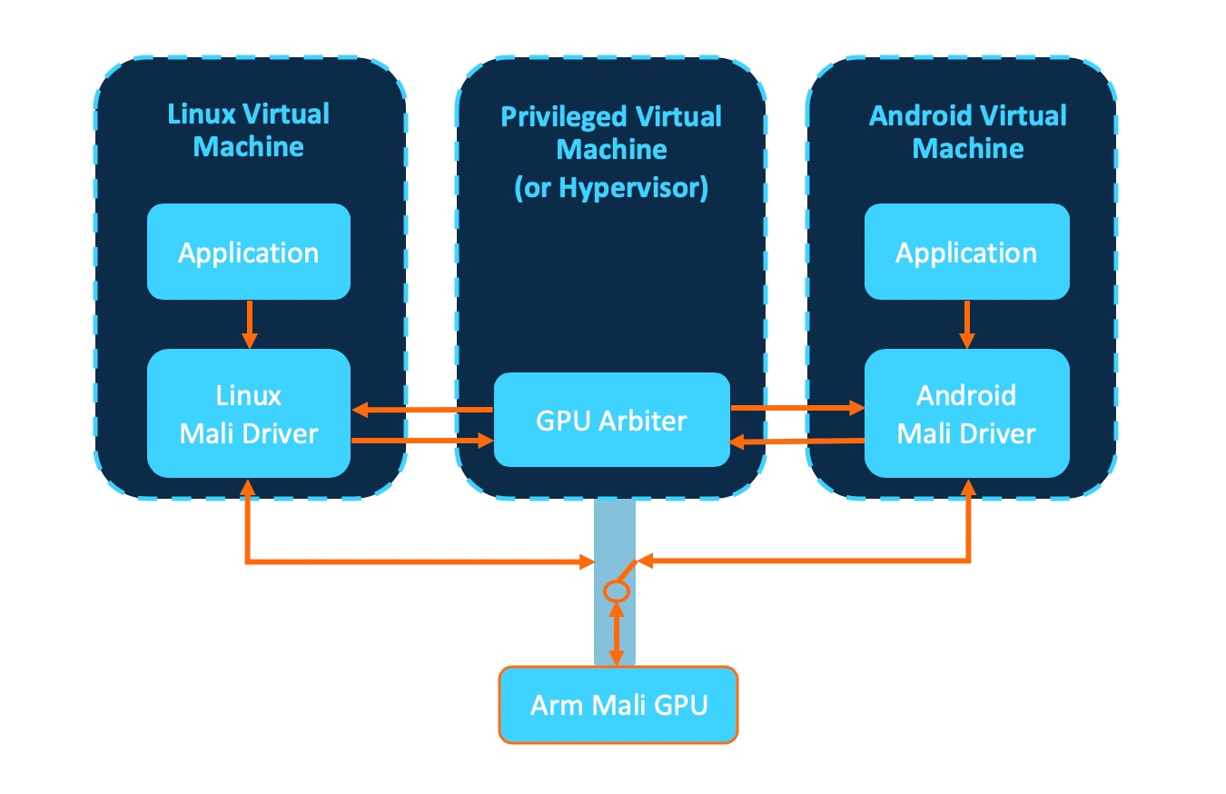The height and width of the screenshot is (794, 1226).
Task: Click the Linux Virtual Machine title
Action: pos(248,130)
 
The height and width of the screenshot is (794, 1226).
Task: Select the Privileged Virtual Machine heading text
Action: pos(611,133)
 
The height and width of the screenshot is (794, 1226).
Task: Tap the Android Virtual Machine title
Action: pos(967,131)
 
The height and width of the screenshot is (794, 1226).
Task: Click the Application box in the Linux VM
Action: pos(248,252)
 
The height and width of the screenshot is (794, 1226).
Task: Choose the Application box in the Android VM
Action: pos(966,252)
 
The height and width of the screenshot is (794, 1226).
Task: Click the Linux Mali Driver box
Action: pos(248,413)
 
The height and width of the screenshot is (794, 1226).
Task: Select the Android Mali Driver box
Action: pos(966,413)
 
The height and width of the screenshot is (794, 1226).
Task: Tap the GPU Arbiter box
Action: pos(611,420)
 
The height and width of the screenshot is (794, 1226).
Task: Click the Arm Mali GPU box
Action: pos(618,705)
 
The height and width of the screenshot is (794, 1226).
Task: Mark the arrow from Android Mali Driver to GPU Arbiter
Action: pos(796,442)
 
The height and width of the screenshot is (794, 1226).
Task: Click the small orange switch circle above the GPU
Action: pos(617,591)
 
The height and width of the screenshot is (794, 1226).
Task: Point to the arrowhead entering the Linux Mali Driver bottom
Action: pos(247,487)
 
